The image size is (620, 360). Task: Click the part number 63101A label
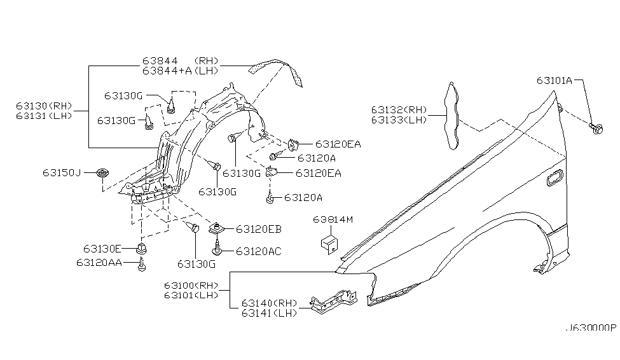pos(554,81)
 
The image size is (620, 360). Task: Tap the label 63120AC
pos(258,251)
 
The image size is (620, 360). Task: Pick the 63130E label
pos(102,248)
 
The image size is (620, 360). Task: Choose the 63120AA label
pos(106,261)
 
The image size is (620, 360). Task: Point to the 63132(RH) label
pos(400,109)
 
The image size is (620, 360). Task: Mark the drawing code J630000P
pos(591,328)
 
